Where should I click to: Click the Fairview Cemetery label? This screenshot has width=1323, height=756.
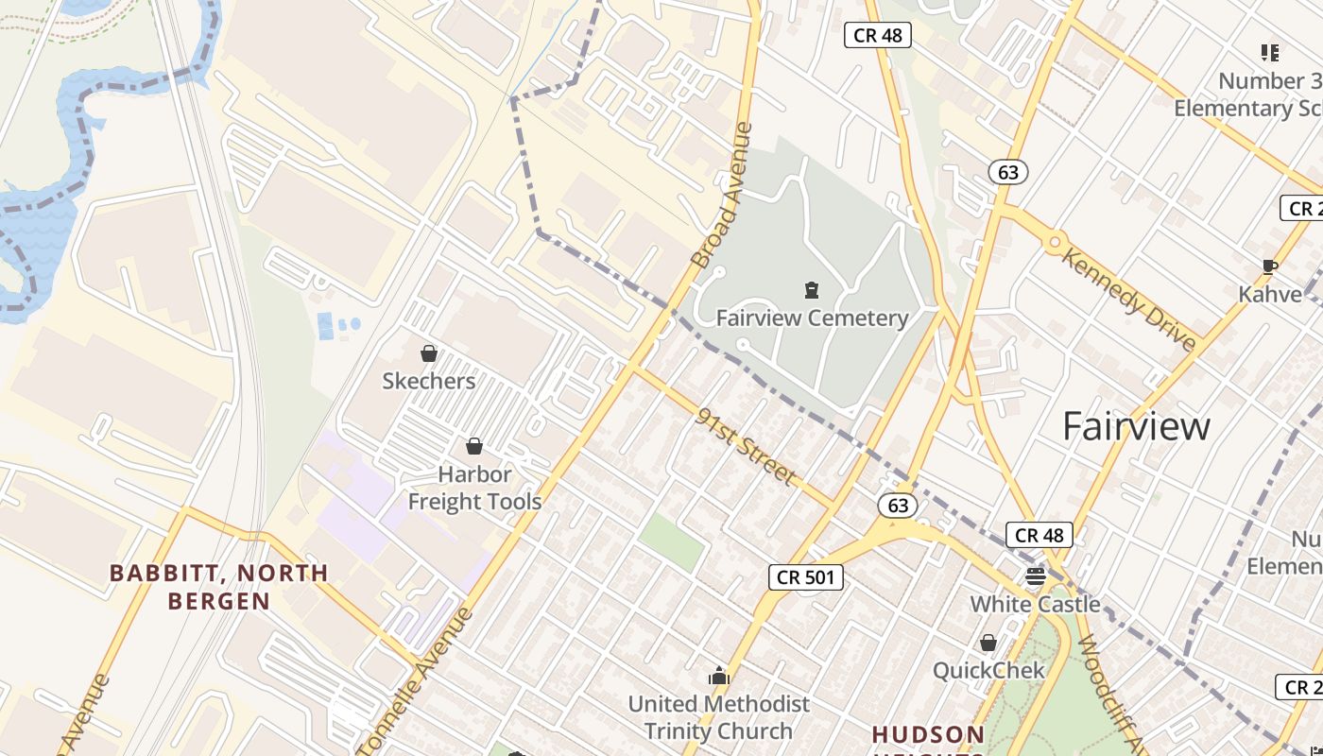tap(811, 318)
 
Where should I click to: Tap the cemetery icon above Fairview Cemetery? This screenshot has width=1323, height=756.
tap(811, 289)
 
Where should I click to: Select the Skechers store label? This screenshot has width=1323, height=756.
tap(428, 381)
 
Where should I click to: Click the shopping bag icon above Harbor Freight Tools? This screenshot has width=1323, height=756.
tap(474, 446)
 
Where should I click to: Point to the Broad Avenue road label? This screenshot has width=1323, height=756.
tap(722, 196)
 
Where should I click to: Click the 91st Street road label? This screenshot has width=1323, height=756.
tap(745, 446)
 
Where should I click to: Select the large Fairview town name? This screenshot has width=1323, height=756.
tap(1135, 426)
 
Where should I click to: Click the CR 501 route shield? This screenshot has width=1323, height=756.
tap(805, 576)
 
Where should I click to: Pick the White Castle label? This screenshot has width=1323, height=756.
tap(1035, 604)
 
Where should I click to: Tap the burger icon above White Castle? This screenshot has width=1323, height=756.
tap(1036, 576)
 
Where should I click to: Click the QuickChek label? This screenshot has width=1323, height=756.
tap(988, 670)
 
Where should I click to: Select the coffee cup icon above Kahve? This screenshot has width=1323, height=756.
tap(1269, 267)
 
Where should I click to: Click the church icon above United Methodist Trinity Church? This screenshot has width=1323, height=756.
tap(719, 676)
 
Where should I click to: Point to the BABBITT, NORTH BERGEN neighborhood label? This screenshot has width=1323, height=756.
tap(219, 586)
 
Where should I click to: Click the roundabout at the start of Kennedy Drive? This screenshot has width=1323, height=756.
tap(1056, 242)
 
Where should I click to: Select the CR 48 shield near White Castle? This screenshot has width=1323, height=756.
tap(1039, 535)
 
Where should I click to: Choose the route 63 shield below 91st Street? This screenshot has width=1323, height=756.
tap(898, 505)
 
